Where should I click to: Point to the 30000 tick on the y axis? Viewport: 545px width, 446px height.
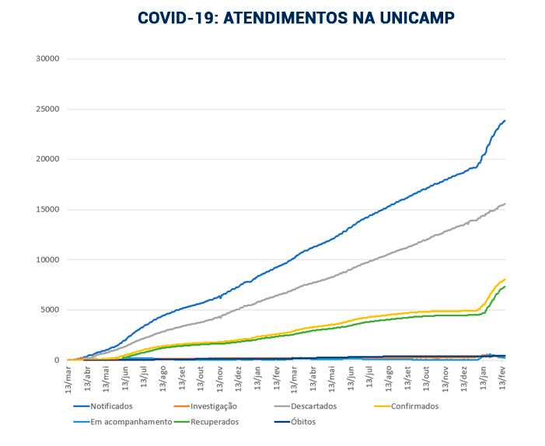[48, 59]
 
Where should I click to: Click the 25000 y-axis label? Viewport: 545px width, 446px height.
[48, 110]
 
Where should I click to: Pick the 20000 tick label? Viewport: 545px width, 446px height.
[48, 159]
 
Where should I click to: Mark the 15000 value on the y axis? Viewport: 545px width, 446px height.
[48, 210]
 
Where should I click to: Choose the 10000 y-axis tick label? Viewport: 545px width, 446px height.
[48, 260]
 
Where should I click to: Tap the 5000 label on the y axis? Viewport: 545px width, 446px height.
[51, 310]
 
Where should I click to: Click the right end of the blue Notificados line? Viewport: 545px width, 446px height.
[505, 120]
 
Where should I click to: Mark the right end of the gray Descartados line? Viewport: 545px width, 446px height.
[505, 204]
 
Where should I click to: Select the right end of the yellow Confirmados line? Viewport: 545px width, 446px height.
[505, 279]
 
